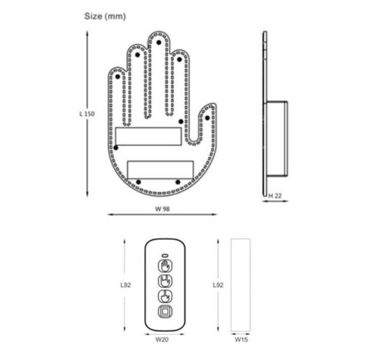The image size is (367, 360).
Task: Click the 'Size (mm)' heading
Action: coord(104,16)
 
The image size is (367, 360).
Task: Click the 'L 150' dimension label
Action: coord(87,114)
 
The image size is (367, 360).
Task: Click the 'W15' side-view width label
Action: coord(240,340)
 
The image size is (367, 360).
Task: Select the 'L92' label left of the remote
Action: coord(126,285)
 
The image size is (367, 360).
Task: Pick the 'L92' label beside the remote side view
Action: coord(218,285)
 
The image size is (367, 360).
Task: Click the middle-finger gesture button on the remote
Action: coord(165,296)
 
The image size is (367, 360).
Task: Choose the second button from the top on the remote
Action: coord(165,281)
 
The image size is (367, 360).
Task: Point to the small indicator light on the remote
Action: coord(165,254)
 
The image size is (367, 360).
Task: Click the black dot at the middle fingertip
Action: coord(158,42)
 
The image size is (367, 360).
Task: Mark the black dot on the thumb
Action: coord(207,117)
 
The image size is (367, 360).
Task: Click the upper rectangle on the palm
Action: coord(149,136)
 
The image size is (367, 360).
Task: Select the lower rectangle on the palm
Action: coord(160,169)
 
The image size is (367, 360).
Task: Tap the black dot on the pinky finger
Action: coord(118,76)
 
